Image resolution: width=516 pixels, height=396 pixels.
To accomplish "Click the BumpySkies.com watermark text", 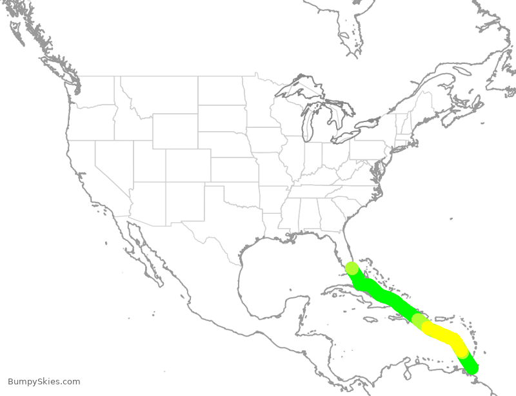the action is (x=44, y=382).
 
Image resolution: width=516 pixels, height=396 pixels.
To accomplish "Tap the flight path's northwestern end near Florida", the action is (x=352, y=268).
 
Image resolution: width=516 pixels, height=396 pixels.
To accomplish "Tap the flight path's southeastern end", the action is (x=472, y=368).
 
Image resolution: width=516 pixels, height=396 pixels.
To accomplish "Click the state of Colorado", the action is (x=187, y=165).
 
